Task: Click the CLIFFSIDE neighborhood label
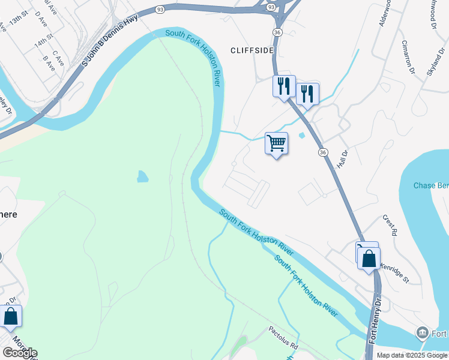(x=252, y=50)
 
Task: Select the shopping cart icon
(x=276, y=144)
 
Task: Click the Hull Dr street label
(x=342, y=159)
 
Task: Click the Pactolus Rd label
(x=283, y=338)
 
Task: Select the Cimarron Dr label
(x=408, y=55)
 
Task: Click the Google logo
(x=20, y=353)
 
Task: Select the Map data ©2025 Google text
(x=412, y=355)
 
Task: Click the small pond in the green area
(x=142, y=176)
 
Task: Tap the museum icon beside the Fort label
(x=423, y=332)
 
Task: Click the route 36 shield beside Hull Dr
(x=324, y=153)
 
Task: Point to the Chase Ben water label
(x=430, y=185)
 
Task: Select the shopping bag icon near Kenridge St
(x=369, y=259)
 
